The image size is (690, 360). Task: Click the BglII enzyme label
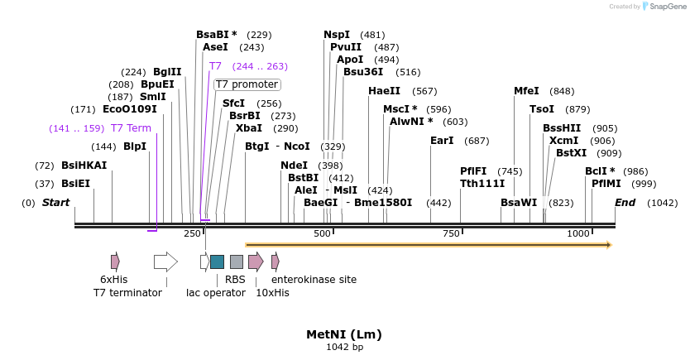(167, 72)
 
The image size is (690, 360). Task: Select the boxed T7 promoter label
(247, 84)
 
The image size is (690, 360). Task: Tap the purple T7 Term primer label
(131, 128)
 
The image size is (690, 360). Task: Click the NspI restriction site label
(337, 35)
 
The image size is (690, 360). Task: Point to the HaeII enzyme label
(384, 91)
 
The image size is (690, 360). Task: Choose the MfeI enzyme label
(526, 91)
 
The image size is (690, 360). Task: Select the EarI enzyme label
(442, 141)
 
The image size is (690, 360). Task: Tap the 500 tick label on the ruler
(323, 234)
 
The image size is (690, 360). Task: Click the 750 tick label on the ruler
(451, 234)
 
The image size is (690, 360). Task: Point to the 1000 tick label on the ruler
(578, 234)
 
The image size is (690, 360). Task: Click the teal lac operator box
(217, 262)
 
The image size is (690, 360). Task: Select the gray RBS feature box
(236, 262)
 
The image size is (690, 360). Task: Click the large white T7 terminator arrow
(165, 262)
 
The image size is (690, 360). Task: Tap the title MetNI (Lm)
(344, 334)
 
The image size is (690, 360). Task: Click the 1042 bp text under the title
(344, 347)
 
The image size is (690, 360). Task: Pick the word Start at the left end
(55, 203)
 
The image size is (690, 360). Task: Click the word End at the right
(625, 203)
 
